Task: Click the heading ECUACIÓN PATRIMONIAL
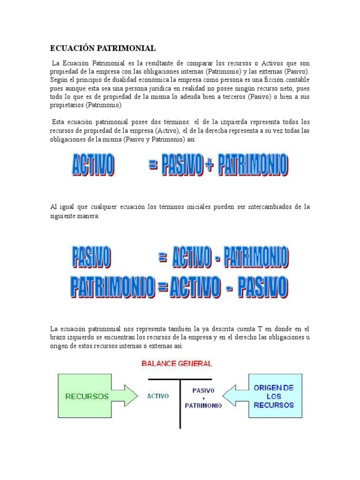coord(102,48)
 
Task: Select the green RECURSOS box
coord(87,396)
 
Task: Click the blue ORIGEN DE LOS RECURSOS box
coord(273,396)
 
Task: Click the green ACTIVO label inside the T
coord(158,396)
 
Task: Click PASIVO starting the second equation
coord(91,257)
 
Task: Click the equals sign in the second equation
coord(163,257)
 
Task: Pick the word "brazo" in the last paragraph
coord(58,337)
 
